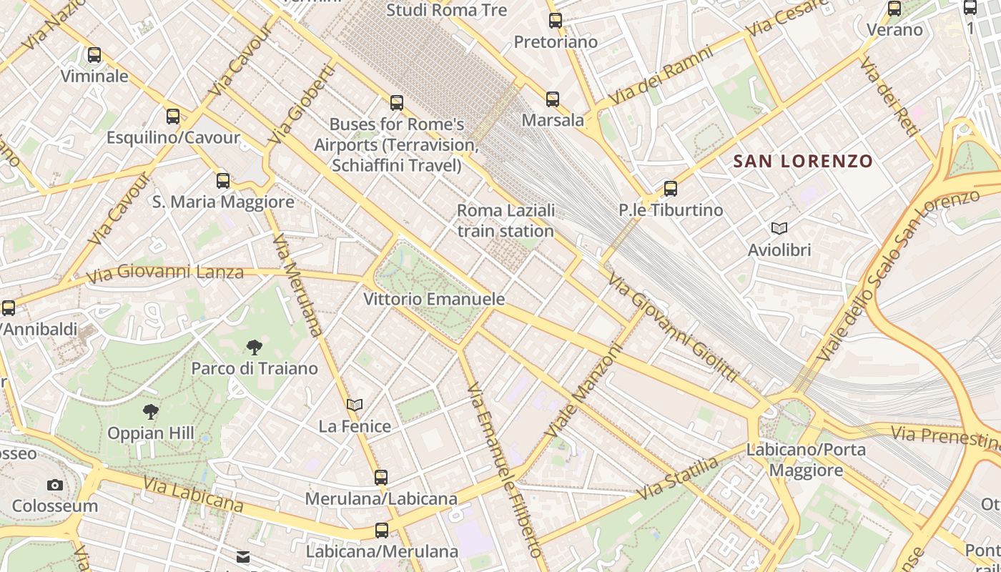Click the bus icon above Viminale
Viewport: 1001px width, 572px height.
pos(94,55)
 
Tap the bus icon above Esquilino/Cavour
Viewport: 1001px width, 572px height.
pos(173,117)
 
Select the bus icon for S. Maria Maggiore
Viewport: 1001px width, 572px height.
pos(223,181)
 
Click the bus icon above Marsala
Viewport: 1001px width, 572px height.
pos(553,99)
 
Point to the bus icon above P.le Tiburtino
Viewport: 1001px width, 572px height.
pos(670,189)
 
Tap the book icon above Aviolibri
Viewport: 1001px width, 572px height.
pos(779,229)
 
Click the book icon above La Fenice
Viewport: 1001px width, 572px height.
pos(355,405)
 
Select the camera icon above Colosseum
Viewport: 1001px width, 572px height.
pos(55,485)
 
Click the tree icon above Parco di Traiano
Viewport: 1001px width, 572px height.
pos(254,347)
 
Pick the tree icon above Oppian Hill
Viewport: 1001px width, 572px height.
pos(150,412)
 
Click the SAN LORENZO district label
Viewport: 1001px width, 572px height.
pos(804,162)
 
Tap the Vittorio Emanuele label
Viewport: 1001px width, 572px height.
pos(434,299)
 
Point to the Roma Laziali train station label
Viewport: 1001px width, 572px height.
pos(506,220)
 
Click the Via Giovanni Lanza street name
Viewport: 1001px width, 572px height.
pos(164,272)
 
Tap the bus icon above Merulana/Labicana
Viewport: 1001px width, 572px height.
pos(381,477)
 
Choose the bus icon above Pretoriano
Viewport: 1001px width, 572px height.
pos(556,21)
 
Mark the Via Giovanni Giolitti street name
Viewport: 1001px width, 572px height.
pos(671,327)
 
